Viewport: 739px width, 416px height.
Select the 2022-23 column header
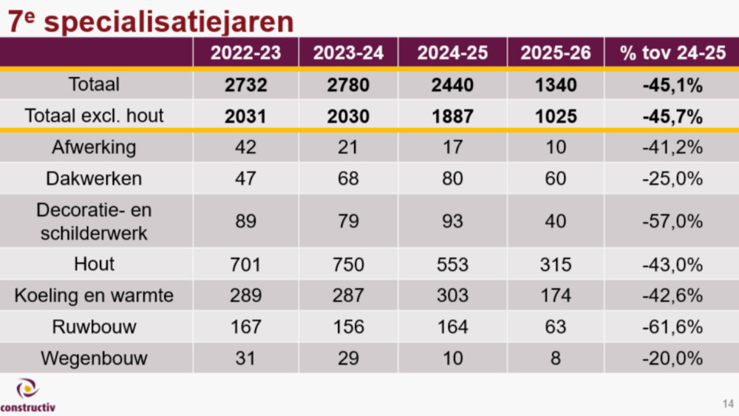click(x=245, y=53)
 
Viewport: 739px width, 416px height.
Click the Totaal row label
click(x=94, y=84)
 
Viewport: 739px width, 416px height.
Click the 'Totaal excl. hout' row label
click(x=94, y=115)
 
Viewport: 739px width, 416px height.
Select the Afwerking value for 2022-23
click(x=245, y=147)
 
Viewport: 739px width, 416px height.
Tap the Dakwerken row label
click(x=94, y=178)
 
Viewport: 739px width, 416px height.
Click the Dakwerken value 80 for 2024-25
click(x=452, y=179)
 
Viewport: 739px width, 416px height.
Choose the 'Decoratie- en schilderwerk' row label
click(x=94, y=221)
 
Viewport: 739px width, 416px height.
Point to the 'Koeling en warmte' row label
click(x=94, y=295)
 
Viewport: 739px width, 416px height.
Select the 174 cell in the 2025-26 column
click(x=555, y=296)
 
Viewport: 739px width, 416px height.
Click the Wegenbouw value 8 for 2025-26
click(x=555, y=358)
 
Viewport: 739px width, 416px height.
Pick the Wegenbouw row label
click(x=94, y=358)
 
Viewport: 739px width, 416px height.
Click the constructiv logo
click(x=27, y=395)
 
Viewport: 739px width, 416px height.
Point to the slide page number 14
click(x=727, y=403)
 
